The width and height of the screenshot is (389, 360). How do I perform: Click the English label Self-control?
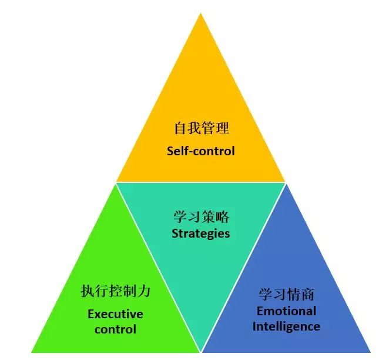pos(200,151)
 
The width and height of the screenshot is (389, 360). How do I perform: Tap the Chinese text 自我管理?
pos(201,128)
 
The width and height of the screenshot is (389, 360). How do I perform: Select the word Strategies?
pos(201,234)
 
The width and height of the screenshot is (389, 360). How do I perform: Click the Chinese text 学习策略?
pos(201,216)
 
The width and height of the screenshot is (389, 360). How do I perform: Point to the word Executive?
pos(115,314)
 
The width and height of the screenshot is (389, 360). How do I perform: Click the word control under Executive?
pos(115,329)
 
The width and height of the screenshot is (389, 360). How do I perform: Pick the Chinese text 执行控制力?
pos(116,291)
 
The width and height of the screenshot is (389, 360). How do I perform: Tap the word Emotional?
pos(286,311)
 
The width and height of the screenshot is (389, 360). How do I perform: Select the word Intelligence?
pos(286,326)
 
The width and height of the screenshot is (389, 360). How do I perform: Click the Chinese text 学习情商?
pos(286,295)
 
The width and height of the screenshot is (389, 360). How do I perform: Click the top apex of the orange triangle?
pos(200,13)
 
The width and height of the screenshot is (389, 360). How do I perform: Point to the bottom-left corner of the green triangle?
pos(31,352)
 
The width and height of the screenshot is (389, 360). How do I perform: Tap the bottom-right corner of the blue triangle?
pos(371,352)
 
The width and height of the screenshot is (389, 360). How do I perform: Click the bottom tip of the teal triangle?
pos(201,351)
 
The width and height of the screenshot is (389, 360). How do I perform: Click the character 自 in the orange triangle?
pos(180,128)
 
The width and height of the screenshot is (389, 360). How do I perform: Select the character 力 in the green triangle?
pos(144,291)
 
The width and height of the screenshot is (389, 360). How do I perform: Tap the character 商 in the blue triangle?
pos(308,295)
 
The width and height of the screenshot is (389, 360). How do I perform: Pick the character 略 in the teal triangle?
pos(223,216)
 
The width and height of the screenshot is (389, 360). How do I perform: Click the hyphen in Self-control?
pos(190,152)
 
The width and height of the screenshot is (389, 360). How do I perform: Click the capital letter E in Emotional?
pos(260,311)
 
